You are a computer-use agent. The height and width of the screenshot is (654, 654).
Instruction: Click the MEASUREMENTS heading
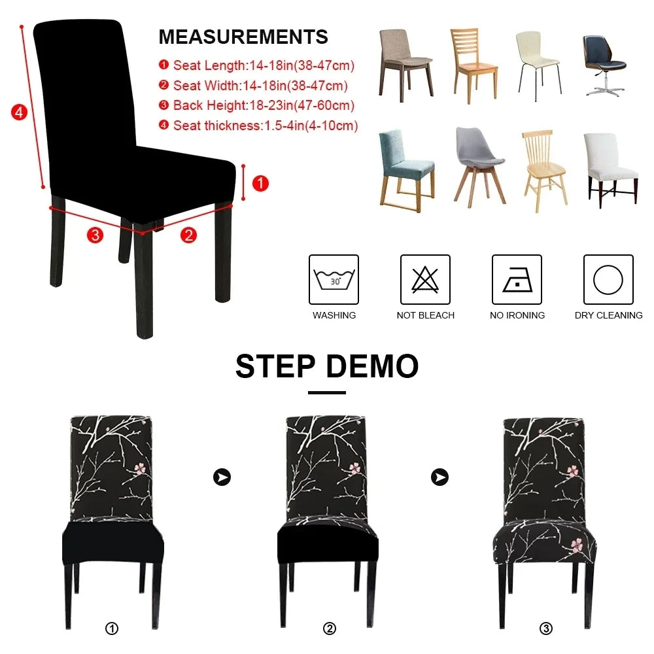click(x=243, y=37)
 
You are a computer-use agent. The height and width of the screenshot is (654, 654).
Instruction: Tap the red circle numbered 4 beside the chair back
click(x=20, y=112)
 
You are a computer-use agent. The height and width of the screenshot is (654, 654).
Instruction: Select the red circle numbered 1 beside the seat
click(x=260, y=184)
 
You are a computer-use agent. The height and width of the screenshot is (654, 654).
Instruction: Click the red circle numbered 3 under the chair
click(x=95, y=235)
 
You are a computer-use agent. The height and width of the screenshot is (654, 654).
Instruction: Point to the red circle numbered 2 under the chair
click(x=188, y=235)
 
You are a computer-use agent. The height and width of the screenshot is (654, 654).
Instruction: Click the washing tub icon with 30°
click(x=334, y=279)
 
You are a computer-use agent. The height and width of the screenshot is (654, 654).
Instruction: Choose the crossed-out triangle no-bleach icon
click(x=425, y=279)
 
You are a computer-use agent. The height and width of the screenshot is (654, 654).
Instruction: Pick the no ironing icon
click(x=517, y=279)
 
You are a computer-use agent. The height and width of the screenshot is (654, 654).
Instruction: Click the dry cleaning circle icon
click(x=608, y=279)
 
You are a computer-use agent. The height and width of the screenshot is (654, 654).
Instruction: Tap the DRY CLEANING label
click(x=608, y=315)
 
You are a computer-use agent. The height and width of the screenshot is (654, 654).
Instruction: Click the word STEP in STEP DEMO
click(x=276, y=366)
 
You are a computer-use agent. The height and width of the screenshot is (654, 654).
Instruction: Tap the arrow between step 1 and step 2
click(x=222, y=477)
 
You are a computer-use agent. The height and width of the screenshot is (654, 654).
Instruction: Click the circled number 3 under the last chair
click(x=546, y=629)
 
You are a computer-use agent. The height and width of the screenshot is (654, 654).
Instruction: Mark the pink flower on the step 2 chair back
click(x=354, y=468)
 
